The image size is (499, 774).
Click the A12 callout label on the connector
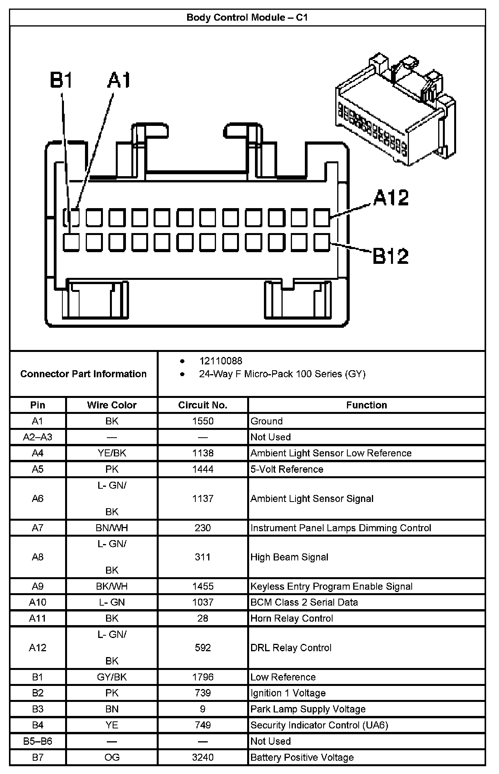coord(391,198)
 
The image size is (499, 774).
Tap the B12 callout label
coord(391,256)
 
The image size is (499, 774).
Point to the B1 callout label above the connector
coord(61,80)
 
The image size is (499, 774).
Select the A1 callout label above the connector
coord(119,80)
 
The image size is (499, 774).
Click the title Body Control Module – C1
coord(247,18)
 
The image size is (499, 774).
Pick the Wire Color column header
coord(112,405)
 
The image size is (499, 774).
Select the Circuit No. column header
coord(203,405)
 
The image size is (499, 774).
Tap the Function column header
coord(366,405)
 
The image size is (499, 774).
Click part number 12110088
coord(221,361)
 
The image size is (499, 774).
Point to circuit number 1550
coord(203,421)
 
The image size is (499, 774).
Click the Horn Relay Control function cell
coord(292,618)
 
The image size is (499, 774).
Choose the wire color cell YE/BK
coord(112,453)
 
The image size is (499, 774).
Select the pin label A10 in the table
coord(37,602)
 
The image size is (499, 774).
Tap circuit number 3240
coord(203,757)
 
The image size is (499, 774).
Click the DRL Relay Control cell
coord(291,647)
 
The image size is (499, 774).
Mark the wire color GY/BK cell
coord(112,677)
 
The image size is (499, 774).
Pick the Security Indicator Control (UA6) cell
coord(319,725)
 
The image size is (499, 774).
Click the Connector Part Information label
coord(83,374)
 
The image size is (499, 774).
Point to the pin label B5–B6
coord(37,741)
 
